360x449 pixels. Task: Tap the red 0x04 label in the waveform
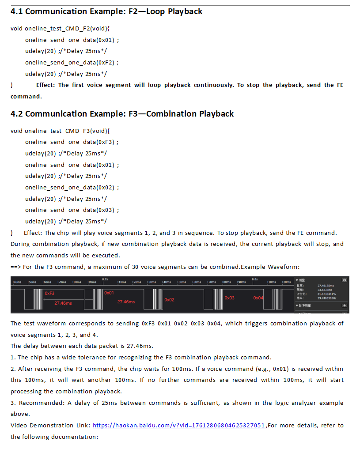click(x=258, y=298)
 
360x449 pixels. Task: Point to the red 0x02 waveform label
click(x=169, y=300)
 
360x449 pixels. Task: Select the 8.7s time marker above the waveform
click(x=105, y=279)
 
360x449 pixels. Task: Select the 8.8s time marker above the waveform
click(x=255, y=279)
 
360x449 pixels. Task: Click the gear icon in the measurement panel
click(x=345, y=280)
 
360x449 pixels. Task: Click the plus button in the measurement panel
click(x=345, y=305)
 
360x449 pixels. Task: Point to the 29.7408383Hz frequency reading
click(x=327, y=298)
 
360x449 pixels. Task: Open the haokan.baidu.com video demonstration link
click(x=179, y=426)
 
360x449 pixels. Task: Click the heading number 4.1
click(x=17, y=11)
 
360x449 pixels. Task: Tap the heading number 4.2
click(x=17, y=114)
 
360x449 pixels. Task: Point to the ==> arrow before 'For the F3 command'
click(x=15, y=267)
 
